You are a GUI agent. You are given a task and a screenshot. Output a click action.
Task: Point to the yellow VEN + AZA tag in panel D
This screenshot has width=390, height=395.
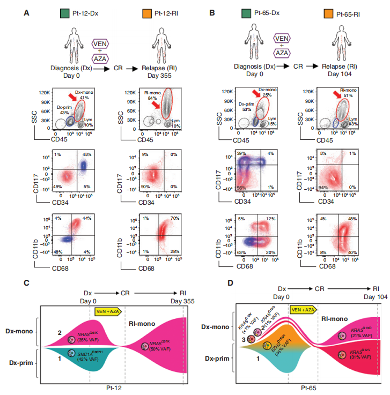click(x=301, y=309)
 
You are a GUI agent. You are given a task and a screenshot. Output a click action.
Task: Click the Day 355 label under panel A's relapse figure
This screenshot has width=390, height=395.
click(x=163, y=75)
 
